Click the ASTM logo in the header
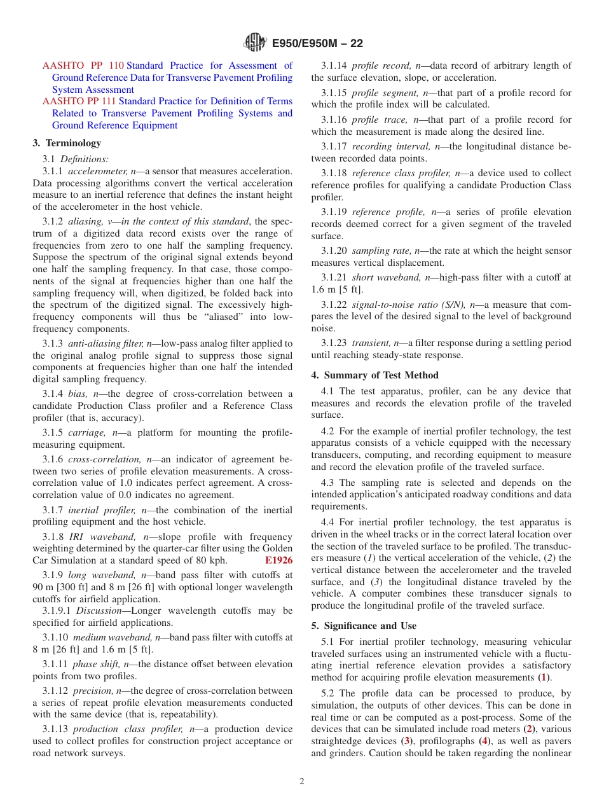(x=255, y=43)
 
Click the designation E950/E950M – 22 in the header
(x=317, y=43)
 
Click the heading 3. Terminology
(x=67, y=143)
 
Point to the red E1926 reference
(x=278, y=560)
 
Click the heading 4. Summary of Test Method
(x=374, y=375)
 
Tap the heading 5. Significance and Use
(x=364, y=626)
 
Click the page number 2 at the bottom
(x=302, y=782)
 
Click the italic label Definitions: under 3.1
(x=85, y=159)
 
